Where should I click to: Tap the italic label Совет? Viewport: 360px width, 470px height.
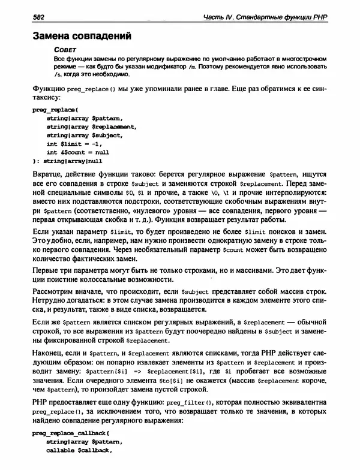tap(64, 50)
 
